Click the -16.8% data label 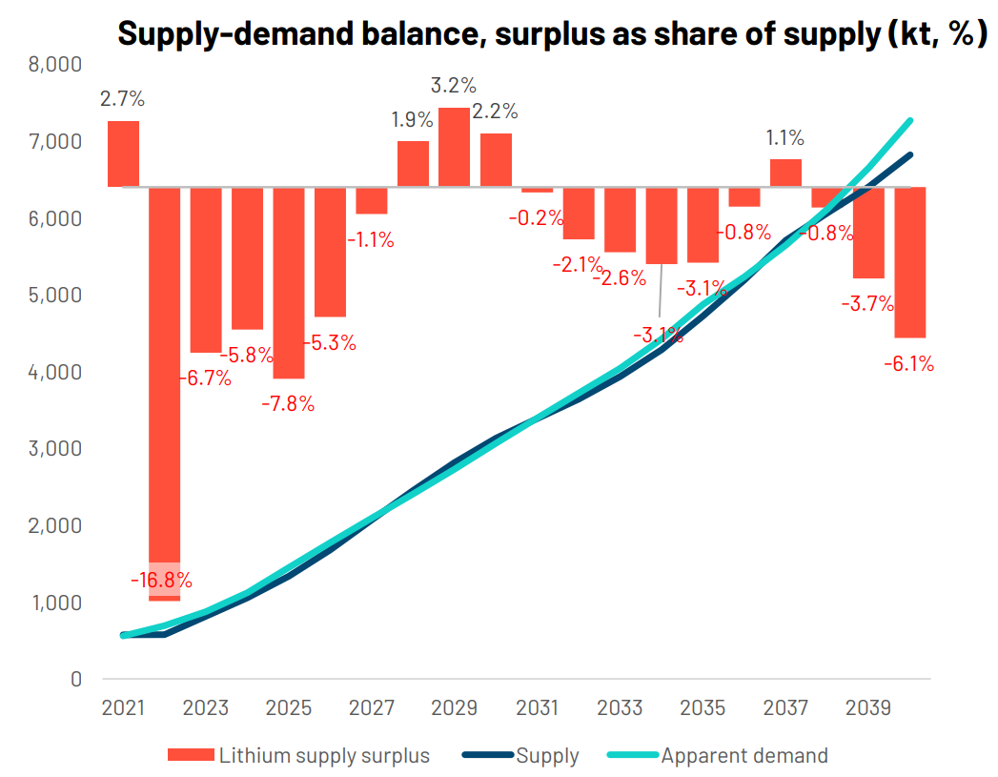(161, 579)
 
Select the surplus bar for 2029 (454, 148)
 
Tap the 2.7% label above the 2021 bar (123, 98)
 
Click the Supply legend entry (546, 756)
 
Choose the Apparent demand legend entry (743, 756)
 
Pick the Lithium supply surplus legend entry (324, 756)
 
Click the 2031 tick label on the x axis (538, 708)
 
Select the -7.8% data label (288, 403)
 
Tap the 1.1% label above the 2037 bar (786, 137)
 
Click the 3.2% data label (454, 86)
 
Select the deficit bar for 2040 (911, 262)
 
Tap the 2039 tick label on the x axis (869, 708)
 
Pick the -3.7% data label (867, 304)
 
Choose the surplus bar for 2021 (123, 153)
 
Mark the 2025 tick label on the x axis (289, 708)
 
